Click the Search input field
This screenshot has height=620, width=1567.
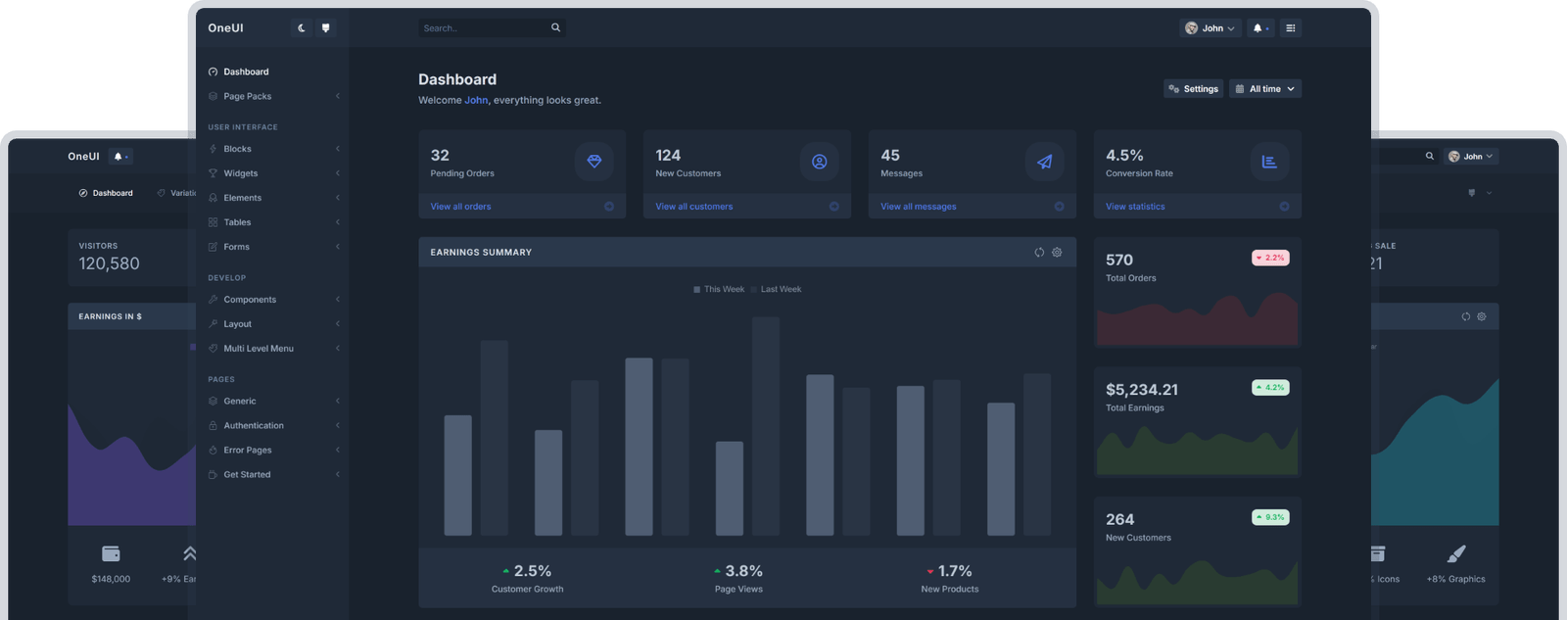point(484,28)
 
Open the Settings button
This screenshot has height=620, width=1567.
point(1193,89)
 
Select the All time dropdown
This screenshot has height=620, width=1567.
point(1264,89)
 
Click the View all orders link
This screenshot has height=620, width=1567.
point(460,207)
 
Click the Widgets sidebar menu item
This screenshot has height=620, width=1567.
point(241,173)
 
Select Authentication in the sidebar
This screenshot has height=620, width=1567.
point(254,426)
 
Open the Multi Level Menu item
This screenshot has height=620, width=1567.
point(259,349)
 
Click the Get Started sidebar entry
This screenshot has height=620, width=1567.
point(247,475)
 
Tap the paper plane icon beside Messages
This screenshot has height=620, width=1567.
point(1044,162)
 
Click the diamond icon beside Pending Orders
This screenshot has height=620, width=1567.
point(594,162)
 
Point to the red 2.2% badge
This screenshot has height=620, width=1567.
point(1270,259)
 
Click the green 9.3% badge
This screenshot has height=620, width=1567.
point(1270,517)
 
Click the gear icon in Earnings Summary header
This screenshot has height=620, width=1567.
point(1057,253)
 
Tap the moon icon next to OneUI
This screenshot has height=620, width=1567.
point(302,28)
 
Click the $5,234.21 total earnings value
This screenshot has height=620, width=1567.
point(1141,390)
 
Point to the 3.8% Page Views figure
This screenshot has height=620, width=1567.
point(743,571)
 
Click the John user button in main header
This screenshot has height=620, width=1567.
point(1210,28)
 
